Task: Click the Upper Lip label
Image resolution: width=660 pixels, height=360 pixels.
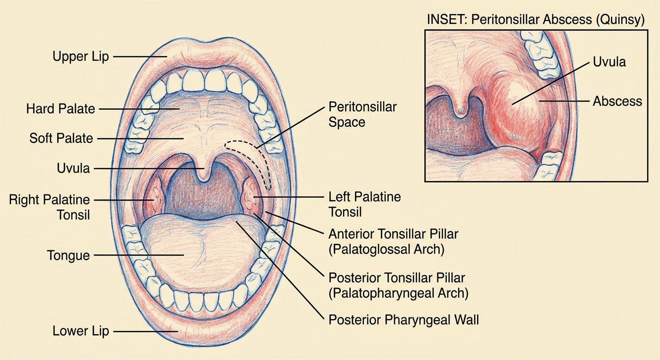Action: click(81, 57)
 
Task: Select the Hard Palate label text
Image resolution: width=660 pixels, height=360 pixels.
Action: click(60, 109)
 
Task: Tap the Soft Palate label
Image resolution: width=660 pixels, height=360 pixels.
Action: click(61, 138)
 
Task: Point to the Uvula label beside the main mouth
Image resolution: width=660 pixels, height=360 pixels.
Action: click(74, 168)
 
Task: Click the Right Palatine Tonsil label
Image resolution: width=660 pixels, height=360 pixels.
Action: click(50, 207)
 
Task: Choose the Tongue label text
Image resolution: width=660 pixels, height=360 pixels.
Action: click(68, 255)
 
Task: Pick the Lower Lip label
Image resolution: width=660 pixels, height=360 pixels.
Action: click(81, 331)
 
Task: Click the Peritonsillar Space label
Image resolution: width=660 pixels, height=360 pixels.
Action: click(362, 114)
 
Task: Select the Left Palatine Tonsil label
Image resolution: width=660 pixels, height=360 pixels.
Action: click(365, 204)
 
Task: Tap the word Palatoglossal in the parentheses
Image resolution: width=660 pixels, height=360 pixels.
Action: click(368, 249)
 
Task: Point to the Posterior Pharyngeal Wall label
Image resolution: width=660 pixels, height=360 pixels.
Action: click(404, 320)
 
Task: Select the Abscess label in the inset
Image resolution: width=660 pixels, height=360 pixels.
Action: click(617, 101)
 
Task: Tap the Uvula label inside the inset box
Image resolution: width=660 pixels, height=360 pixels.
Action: click(609, 62)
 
